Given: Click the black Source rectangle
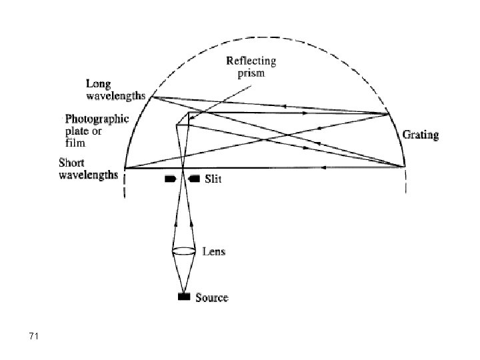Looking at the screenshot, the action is tap(183, 297).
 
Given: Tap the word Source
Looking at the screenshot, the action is tap(211, 297).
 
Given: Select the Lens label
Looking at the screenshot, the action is tap(213, 251).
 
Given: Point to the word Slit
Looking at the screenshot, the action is tap(213, 179).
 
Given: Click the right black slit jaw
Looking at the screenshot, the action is tap(194, 179).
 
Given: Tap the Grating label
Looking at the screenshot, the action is tap(421, 135).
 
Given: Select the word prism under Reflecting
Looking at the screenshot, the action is tap(251, 73).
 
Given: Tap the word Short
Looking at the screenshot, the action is tap(72, 162).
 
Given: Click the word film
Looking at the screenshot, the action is tap(74, 142).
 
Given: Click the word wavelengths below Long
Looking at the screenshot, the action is tap(117, 96).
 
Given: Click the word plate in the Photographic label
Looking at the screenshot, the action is tap(76, 131).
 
